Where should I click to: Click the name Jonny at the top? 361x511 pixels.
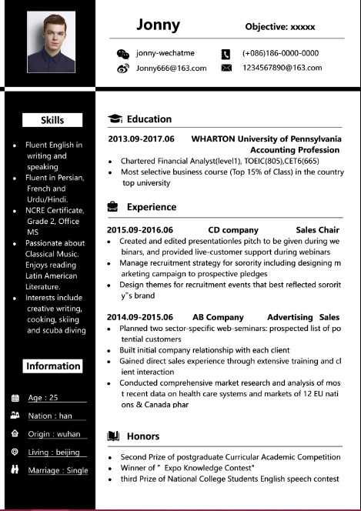point(158,25)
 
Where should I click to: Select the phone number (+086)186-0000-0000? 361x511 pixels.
point(280,53)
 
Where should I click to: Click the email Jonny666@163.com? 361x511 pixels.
point(171,68)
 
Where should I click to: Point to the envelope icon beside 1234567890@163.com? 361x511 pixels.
point(226,68)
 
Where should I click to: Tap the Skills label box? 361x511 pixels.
point(52,120)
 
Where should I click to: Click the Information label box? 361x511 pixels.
point(52,366)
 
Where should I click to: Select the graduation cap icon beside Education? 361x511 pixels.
point(115,119)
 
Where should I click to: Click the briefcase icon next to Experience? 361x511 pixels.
point(113,207)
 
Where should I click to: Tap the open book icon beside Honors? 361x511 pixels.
point(113,436)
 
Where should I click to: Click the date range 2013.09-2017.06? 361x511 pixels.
point(142,139)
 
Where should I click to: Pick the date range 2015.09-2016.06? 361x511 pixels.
point(140,229)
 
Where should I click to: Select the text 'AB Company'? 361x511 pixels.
point(218,317)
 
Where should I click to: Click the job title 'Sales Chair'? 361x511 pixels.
point(317,229)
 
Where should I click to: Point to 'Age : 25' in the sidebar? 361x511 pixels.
point(43,398)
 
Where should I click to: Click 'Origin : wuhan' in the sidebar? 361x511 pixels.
point(54,434)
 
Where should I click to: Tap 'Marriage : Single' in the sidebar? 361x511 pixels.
point(58,470)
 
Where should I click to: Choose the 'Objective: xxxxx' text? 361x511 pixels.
point(280,27)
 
